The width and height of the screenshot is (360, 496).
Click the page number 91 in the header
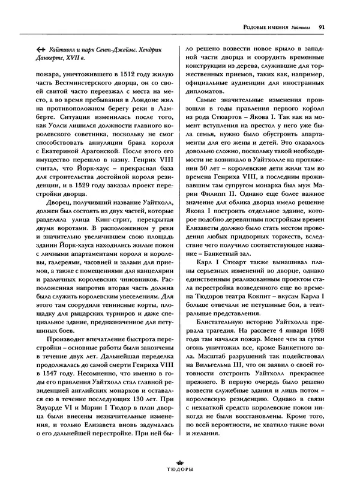322,26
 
